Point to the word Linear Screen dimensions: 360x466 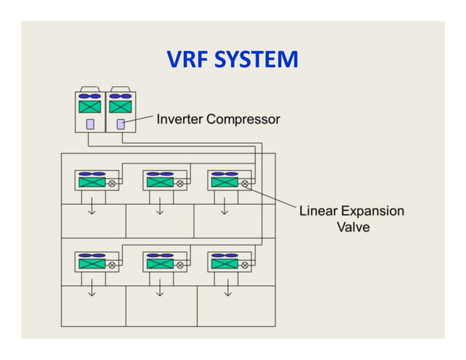(318, 211)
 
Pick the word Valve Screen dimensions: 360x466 (352, 227)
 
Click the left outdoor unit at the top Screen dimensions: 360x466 (91, 112)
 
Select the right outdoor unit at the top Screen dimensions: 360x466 (121, 112)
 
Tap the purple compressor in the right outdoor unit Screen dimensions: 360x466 (121, 124)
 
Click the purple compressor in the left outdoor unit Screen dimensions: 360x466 (91, 124)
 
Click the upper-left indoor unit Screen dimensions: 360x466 (92, 183)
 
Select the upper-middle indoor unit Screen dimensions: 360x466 (159, 183)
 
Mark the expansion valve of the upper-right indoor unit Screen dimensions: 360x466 (245, 184)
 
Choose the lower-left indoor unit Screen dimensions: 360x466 (92, 263)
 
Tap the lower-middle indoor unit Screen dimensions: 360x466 (159, 263)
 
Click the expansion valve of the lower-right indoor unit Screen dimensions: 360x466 (245, 265)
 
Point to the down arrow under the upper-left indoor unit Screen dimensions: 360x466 (92, 211)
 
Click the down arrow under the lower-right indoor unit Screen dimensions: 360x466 (227, 291)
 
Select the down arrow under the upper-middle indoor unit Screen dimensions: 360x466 (159, 211)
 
